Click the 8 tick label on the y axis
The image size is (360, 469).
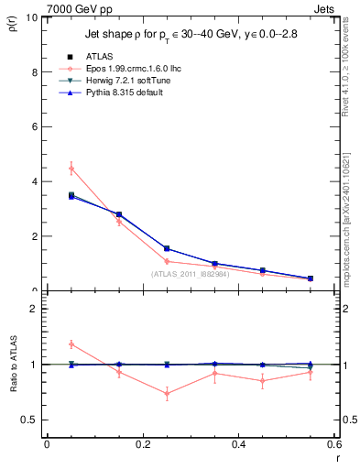point(33,71)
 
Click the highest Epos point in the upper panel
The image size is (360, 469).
point(71,169)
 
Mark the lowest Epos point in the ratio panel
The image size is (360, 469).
point(167,394)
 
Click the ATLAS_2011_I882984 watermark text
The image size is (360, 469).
point(192,273)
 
